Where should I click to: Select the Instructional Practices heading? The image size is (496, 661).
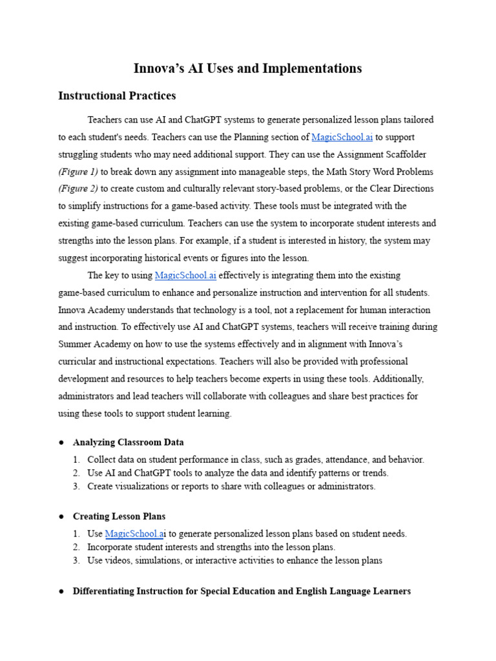[x=117, y=96]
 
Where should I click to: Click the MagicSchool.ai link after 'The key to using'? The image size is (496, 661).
[x=185, y=276]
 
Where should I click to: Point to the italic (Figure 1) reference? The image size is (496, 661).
[x=78, y=172]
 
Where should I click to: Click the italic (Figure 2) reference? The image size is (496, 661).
[x=78, y=188]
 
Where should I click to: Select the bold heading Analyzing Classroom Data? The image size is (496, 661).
[x=129, y=442]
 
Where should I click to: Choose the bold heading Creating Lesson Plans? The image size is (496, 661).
[x=119, y=516]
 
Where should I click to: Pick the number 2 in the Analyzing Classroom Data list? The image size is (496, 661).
[x=76, y=473]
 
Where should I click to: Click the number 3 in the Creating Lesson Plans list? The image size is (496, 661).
[x=76, y=560]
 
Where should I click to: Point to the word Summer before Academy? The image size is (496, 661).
[x=75, y=345]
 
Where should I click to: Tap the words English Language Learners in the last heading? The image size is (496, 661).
[x=358, y=591]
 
